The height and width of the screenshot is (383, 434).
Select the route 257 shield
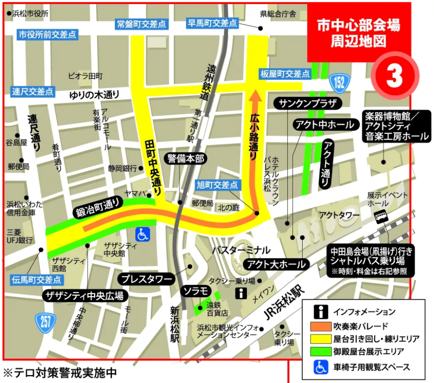coord(46,322)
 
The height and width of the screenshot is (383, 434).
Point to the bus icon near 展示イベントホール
coord(381,216)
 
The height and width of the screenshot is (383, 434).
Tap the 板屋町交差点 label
coord(285,74)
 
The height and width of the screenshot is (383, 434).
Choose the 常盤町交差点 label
coord(141,23)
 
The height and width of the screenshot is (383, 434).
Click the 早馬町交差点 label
coord(212,23)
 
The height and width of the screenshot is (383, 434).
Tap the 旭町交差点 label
coord(217,185)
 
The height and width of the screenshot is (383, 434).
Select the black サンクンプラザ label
coord(309,104)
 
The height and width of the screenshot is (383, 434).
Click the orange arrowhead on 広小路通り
coord(255,95)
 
